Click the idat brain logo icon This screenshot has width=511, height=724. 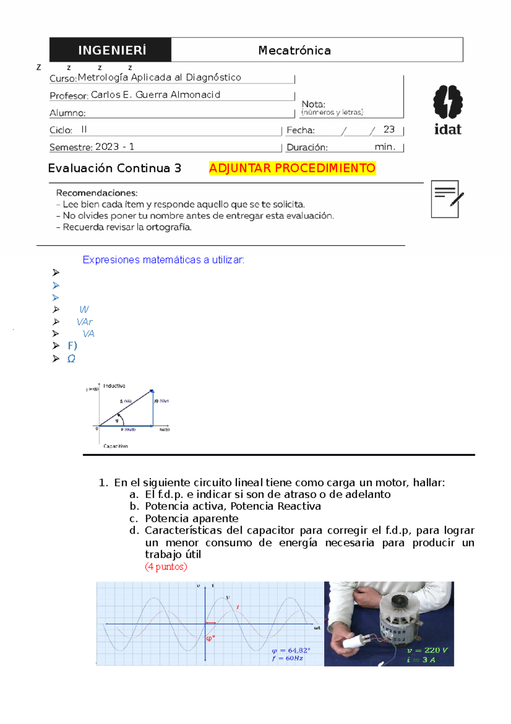448,102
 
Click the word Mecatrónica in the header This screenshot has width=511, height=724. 294,50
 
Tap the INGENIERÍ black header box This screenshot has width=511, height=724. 111,50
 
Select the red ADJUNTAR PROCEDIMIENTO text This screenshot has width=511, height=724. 292,168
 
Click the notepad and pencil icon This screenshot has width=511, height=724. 446,199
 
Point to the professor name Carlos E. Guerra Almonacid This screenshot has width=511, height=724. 155,95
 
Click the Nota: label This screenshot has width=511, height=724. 313,104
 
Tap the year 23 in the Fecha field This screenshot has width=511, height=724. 389,129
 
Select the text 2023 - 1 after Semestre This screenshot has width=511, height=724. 115,147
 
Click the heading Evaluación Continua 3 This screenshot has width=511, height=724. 115,168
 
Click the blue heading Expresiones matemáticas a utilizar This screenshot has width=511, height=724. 164,260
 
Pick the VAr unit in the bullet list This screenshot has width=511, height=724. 84,322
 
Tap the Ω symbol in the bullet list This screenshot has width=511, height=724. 71,359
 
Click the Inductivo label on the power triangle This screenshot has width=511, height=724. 114,386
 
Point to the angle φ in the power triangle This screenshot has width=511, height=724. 117,421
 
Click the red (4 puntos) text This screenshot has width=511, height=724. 166,567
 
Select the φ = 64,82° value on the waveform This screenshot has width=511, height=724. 291,650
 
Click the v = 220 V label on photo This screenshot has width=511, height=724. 427,650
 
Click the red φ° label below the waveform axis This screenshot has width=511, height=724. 210,638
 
